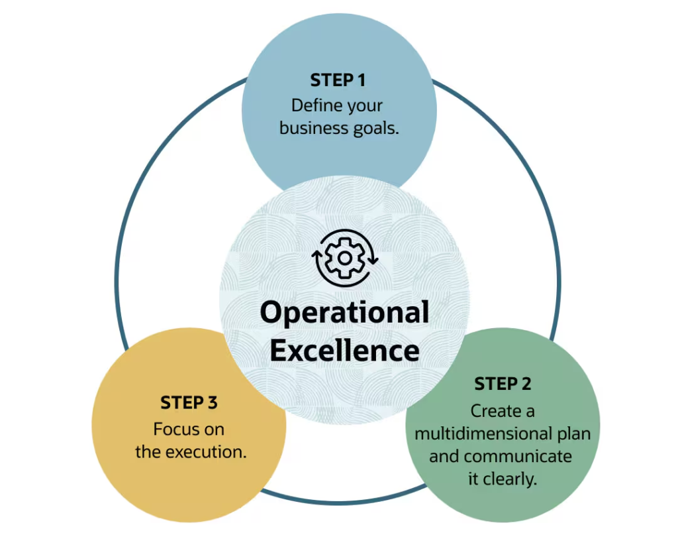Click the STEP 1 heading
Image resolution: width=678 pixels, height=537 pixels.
(x=338, y=81)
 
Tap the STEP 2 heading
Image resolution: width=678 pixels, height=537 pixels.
(x=503, y=384)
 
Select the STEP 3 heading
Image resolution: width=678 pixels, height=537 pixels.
(x=189, y=402)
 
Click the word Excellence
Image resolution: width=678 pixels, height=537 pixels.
(x=344, y=350)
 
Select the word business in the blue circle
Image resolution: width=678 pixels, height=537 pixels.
(x=314, y=128)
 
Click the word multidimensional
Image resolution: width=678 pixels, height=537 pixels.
(x=483, y=434)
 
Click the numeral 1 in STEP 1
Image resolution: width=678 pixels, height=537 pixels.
(x=361, y=81)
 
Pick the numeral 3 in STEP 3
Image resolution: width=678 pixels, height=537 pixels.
(x=212, y=402)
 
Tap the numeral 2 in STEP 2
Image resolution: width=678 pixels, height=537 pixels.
(x=526, y=384)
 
